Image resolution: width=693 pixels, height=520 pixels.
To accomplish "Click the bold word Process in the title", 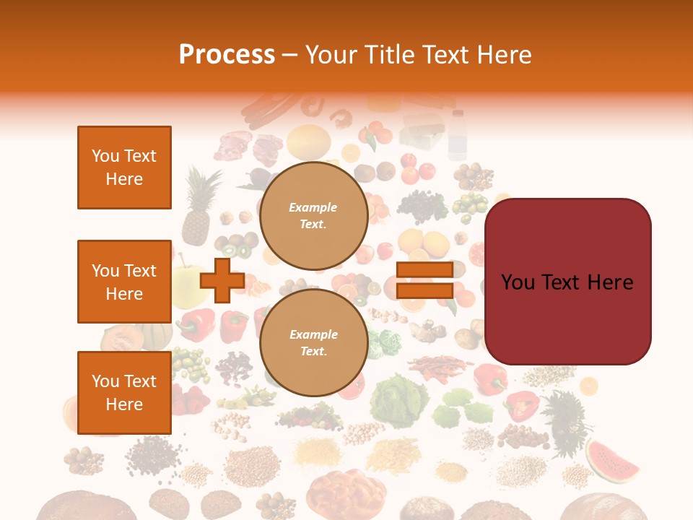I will pyautogui.click(x=227, y=54).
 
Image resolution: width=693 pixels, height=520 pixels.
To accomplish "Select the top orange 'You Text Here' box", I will pyautogui.click(x=124, y=168).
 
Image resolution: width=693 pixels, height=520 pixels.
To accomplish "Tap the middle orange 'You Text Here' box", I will pyautogui.click(x=124, y=282).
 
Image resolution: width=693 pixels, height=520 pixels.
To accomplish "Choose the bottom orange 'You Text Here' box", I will pyautogui.click(x=124, y=393).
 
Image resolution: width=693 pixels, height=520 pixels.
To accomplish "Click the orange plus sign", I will pyautogui.click(x=222, y=280).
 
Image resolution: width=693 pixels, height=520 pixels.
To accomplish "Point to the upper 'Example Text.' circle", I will pyautogui.click(x=313, y=216).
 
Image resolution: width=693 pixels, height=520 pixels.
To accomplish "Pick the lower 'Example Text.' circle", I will pyautogui.click(x=313, y=343).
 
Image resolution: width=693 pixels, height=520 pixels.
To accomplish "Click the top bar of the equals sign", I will pyautogui.click(x=425, y=270).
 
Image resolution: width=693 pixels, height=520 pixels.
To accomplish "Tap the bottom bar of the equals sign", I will pyautogui.click(x=425, y=291).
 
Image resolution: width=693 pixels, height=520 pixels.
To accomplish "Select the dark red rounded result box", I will pyautogui.click(x=567, y=282).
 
